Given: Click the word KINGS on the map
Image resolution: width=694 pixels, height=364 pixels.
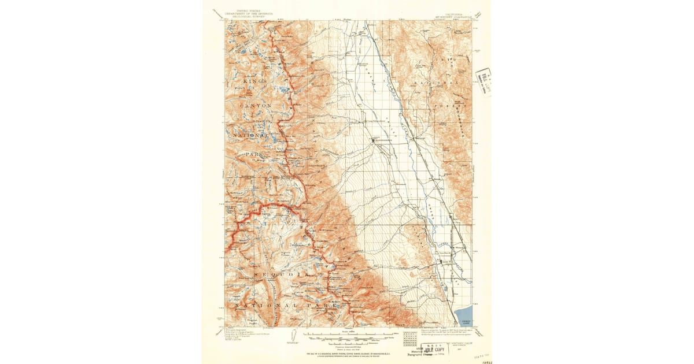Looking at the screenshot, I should point(254,83).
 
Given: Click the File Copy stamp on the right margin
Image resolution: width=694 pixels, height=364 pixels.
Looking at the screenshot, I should point(483,81).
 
